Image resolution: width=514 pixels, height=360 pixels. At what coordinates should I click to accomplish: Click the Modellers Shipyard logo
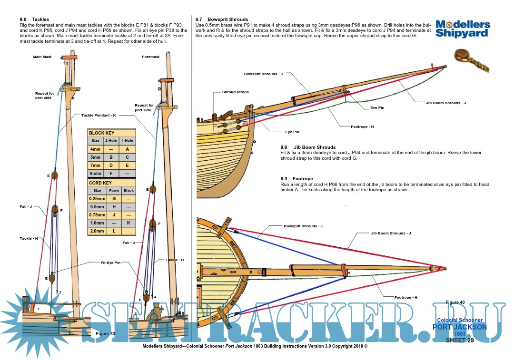(x=463, y=29)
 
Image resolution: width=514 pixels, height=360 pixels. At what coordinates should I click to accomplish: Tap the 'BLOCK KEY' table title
(x=102, y=133)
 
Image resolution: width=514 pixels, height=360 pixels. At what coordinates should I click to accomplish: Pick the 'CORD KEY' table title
(x=100, y=183)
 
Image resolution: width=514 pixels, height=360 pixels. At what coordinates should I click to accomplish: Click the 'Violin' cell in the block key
(x=96, y=174)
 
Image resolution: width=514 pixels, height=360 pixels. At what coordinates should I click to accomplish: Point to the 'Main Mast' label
(x=42, y=57)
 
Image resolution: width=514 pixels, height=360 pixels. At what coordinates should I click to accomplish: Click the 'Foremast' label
(x=150, y=57)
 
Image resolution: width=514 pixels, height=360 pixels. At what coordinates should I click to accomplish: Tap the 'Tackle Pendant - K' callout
(x=99, y=115)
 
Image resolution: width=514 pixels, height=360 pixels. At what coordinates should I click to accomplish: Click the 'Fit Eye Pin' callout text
(x=110, y=263)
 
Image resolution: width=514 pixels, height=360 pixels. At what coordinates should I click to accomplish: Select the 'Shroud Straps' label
(x=235, y=92)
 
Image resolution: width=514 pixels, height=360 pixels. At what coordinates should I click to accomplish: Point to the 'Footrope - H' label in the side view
(x=362, y=126)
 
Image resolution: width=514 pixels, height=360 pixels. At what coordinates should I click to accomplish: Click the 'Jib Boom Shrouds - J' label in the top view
(x=391, y=233)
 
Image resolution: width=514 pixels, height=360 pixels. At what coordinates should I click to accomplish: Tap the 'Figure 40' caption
(x=455, y=302)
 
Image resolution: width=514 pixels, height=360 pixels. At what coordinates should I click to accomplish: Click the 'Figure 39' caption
(x=105, y=334)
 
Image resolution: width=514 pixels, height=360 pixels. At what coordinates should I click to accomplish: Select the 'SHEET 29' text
(x=459, y=340)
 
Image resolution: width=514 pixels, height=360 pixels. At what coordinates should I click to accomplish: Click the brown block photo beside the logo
(x=471, y=59)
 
